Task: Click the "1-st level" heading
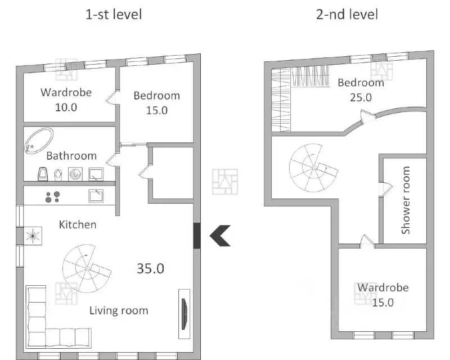[x=114, y=15]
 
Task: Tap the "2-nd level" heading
[x=347, y=15]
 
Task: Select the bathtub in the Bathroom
[x=39, y=141]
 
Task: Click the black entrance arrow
[x=220, y=236]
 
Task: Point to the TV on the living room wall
[x=184, y=314]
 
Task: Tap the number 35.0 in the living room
[x=150, y=268]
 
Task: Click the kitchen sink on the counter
[x=96, y=196]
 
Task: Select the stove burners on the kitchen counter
[x=52, y=197]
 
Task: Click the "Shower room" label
[x=405, y=200]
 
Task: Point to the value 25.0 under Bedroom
[x=361, y=98]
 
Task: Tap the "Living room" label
[x=119, y=310]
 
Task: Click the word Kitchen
[x=78, y=224]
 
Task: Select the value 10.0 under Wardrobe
[x=66, y=107]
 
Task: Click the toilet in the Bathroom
[x=58, y=174]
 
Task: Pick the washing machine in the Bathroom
[x=75, y=174]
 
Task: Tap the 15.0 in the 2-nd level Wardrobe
[x=383, y=302]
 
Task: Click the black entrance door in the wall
[x=196, y=236]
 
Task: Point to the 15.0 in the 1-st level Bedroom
[x=157, y=110]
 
